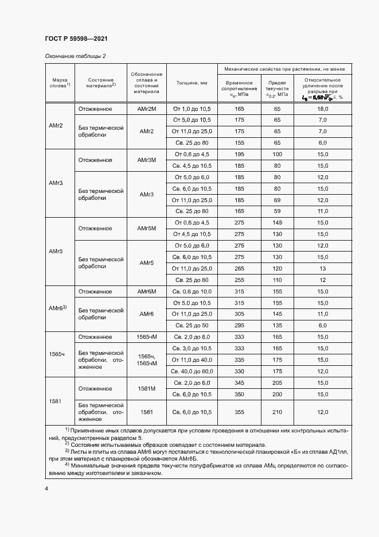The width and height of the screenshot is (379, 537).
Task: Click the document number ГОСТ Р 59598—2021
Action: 76,38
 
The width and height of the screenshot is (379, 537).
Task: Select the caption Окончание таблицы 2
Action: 75,56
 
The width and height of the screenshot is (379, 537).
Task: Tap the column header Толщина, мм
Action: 192,83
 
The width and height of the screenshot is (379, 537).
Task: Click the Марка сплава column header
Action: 60,83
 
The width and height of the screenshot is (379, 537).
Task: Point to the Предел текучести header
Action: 277,86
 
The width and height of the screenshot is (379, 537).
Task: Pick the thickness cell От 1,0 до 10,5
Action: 192,109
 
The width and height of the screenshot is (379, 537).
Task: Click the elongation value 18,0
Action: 322,109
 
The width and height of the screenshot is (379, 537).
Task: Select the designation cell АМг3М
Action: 147,160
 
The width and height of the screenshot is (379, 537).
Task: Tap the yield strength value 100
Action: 278,154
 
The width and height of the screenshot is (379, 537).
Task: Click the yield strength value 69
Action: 278,200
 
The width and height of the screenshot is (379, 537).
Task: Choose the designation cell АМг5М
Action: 147,229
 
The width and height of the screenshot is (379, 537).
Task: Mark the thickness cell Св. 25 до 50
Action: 192,325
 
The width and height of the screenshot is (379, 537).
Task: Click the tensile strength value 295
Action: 239,325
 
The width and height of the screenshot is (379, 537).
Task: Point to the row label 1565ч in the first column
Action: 56,354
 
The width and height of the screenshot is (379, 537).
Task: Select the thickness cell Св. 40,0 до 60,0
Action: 192,371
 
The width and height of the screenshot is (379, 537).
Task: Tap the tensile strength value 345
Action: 239,383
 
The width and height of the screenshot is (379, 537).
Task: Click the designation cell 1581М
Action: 147,388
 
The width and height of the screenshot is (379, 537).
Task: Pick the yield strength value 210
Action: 278,412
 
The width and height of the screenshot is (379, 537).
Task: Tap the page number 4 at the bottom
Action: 46,488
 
